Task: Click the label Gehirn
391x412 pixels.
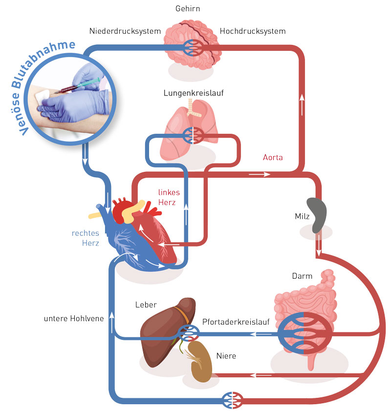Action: [188, 9]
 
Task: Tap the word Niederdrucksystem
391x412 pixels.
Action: [125, 31]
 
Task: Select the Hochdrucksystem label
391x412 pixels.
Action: [253, 31]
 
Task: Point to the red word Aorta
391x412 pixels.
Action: [273, 158]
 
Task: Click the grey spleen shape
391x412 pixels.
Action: [317, 214]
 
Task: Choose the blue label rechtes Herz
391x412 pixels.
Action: [86, 238]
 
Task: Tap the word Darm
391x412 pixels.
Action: [302, 276]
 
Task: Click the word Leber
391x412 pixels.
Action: [146, 305]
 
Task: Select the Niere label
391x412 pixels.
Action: [226, 356]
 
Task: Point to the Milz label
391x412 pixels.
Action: [303, 216]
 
